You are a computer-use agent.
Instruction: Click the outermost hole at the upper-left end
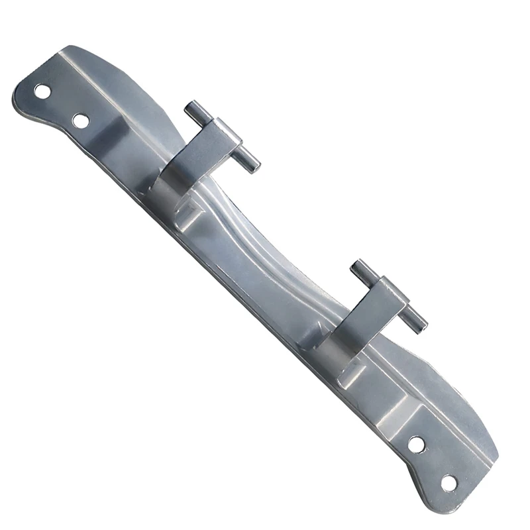tap(42, 91)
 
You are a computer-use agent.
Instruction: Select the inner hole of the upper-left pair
tap(81, 121)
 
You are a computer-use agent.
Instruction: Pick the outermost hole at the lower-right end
tap(449, 483)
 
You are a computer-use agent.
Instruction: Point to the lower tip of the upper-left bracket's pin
tap(254, 166)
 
